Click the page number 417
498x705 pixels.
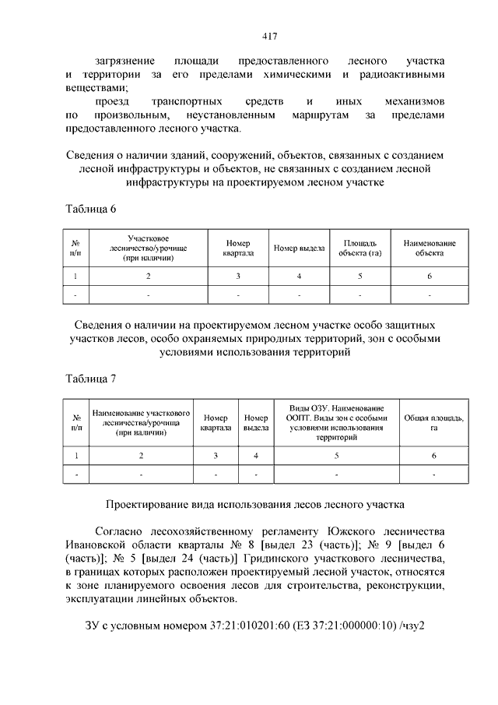249,36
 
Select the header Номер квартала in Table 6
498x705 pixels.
239,248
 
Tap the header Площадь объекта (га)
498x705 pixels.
360,248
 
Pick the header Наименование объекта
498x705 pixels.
429,248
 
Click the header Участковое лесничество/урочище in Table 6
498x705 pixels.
147,248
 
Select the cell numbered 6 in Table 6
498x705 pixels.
429,277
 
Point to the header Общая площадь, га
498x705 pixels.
433,422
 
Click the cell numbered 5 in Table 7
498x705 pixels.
336,454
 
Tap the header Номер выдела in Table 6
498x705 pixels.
299,248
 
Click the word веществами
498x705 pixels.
94,88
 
